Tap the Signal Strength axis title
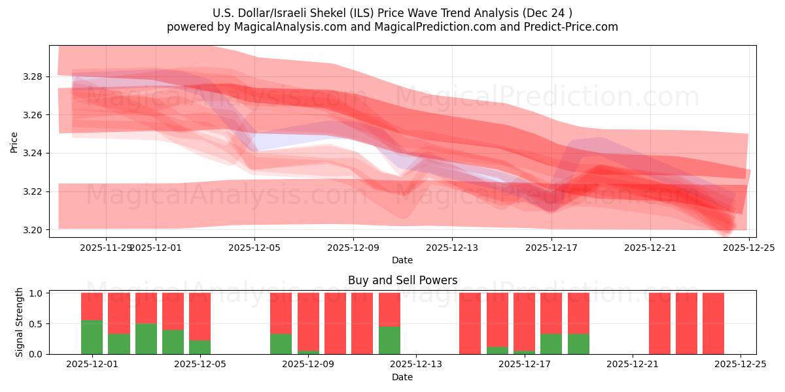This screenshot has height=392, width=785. (20, 322)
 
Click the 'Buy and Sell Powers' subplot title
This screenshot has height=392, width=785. (402, 280)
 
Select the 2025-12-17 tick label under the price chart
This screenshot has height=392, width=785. (551, 248)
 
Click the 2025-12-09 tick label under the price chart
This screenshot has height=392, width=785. (353, 248)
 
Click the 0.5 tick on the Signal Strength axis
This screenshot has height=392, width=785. (36, 323)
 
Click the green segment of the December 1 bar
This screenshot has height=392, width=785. (92, 337)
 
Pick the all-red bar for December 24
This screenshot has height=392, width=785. (713, 323)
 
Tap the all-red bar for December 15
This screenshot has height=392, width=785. (470, 323)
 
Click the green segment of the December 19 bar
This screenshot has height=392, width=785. (578, 344)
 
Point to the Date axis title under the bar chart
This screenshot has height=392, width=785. (402, 377)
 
